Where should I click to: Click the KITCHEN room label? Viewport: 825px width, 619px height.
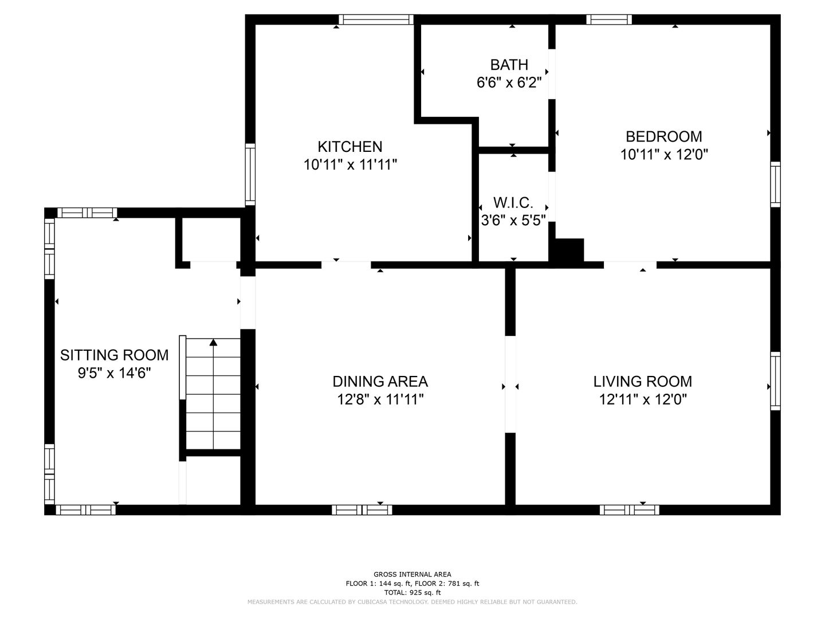click(350, 147)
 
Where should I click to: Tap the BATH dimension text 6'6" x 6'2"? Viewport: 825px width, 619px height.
click(509, 83)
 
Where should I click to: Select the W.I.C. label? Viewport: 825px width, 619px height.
click(513, 203)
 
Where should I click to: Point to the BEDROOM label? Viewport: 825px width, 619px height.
click(664, 136)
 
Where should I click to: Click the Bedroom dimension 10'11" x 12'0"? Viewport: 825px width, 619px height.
click(664, 155)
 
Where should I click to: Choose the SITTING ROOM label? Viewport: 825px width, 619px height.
click(114, 355)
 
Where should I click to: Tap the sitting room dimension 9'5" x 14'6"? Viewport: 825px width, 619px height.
click(114, 373)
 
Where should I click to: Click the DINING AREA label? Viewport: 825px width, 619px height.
click(380, 382)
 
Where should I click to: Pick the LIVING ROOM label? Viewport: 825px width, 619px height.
click(643, 382)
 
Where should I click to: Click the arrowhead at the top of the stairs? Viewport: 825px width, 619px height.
click(214, 342)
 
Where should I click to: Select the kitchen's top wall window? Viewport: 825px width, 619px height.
click(376, 19)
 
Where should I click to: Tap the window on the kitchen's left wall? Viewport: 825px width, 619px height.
click(250, 174)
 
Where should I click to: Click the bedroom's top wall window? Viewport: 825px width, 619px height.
click(609, 19)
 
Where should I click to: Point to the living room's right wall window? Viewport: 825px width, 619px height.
click(775, 381)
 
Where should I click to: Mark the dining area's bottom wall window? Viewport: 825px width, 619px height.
click(362, 510)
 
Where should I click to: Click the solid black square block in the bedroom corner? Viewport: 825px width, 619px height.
click(569, 250)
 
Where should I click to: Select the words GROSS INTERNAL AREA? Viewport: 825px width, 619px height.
click(412, 574)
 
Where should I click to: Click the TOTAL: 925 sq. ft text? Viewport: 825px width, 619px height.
click(412, 593)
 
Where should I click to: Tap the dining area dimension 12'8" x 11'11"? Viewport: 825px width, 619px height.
click(380, 399)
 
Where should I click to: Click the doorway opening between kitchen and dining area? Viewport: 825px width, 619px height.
click(346, 265)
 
